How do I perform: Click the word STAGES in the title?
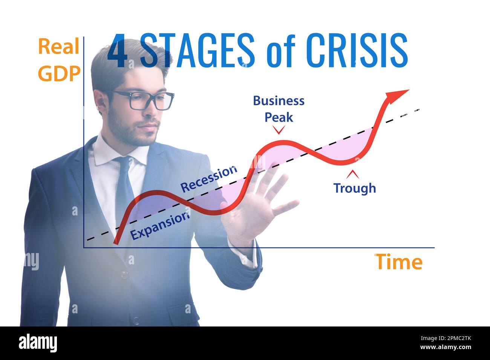pyautogui.click(x=198, y=50)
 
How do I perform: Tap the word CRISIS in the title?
pyautogui.click(x=357, y=50)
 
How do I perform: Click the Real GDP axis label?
pyautogui.click(x=59, y=60)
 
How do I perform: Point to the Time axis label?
pyautogui.click(x=399, y=262)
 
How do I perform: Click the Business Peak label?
pyautogui.click(x=279, y=109)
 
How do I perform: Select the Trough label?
pyautogui.click(x=354, y=188)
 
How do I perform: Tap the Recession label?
pyautogui.click(x=209, y=178)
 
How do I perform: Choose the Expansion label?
pyautogui.click(x=159, y=225)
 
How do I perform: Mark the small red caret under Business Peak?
pyautogui.click(x=279, y=130)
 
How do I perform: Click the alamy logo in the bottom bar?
pyautogui.click(x=38, y=343)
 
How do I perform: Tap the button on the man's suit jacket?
pyautogui.click(x=124, y=274)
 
